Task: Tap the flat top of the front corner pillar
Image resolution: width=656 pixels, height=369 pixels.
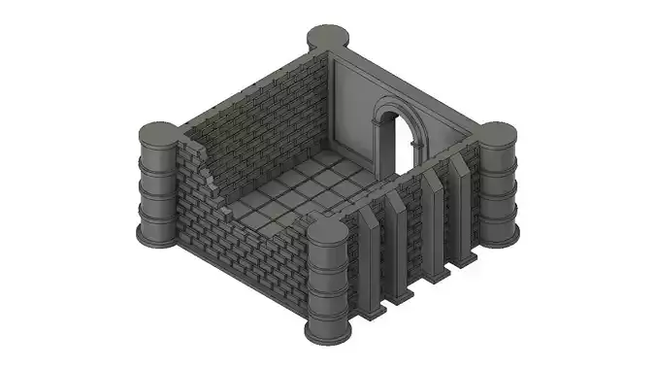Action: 327,231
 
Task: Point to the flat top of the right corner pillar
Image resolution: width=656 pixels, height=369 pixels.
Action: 496,133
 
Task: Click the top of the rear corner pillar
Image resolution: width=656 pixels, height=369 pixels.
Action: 328,38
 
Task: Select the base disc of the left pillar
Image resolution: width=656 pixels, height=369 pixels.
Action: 158,234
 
